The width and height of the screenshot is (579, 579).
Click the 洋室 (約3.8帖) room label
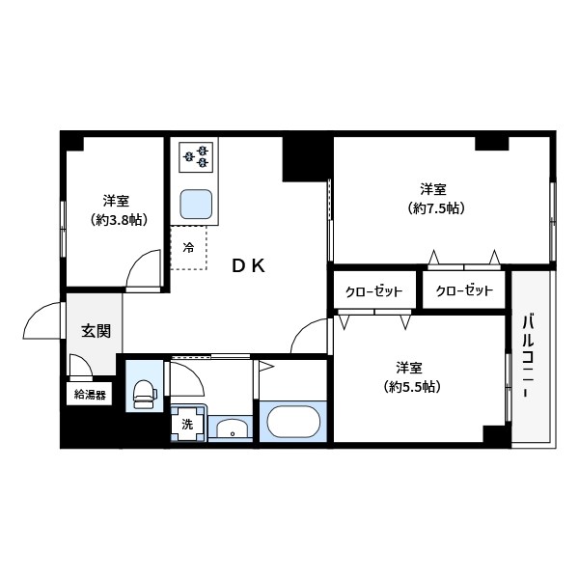click(x=117, y=210)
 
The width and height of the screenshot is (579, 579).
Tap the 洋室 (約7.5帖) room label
click(x=432, y=198)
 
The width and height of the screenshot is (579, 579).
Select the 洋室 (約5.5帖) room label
click(x=408, y=377)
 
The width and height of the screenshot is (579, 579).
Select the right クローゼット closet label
click(x=464, y=290)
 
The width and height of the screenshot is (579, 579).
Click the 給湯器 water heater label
click(x=90, y=394)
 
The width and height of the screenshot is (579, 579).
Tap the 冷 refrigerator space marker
click(x=188, y=247)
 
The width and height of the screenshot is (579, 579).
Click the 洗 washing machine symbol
click(x=187, y=423)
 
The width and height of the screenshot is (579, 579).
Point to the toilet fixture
click(x=145, y=392)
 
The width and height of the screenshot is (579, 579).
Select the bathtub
click(x=294, y=422)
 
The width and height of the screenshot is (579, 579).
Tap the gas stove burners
click(x=196, y=154)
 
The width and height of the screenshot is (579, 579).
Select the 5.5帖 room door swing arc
click(x=312, y=336)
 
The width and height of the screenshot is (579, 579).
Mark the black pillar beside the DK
click(x=306, y=158)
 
